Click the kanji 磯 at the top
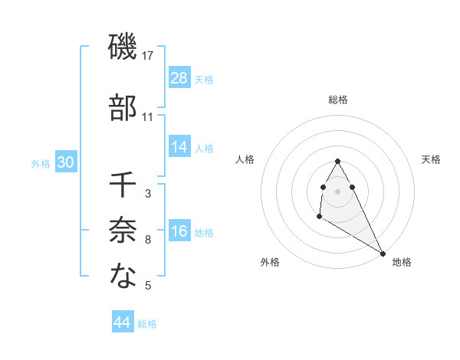pyautogui.click(x=123, y=48)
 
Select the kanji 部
pyautogui.click(x=123, y=109)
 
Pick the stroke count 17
pyautogui.click(x=148, y=56)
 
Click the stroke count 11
pyautogui.click(x=148, y=117)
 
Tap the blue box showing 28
pyautogui.click(x=179, y=78)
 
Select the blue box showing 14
pyautogui.click(x=179, y=147)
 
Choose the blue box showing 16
pyautogui.click(x=179, y=231)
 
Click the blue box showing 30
pyautogui.click(x=66, y=162)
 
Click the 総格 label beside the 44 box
pyautogui.click(x=147, y=324)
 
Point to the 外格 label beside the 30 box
pyautogui.click(x=41, y=163)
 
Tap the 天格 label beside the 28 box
pyautogui.click(x=204, y=79)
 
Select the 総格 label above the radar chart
pyautogui.click(x=338, y=100)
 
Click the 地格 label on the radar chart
pyautogui.click(x=402, y=262)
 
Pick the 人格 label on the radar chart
pyautogui.click(x=245, y=159)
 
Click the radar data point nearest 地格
pyautogui.click(x=383, y=253)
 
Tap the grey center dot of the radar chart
pyautogui.click(x=337, y=191)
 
